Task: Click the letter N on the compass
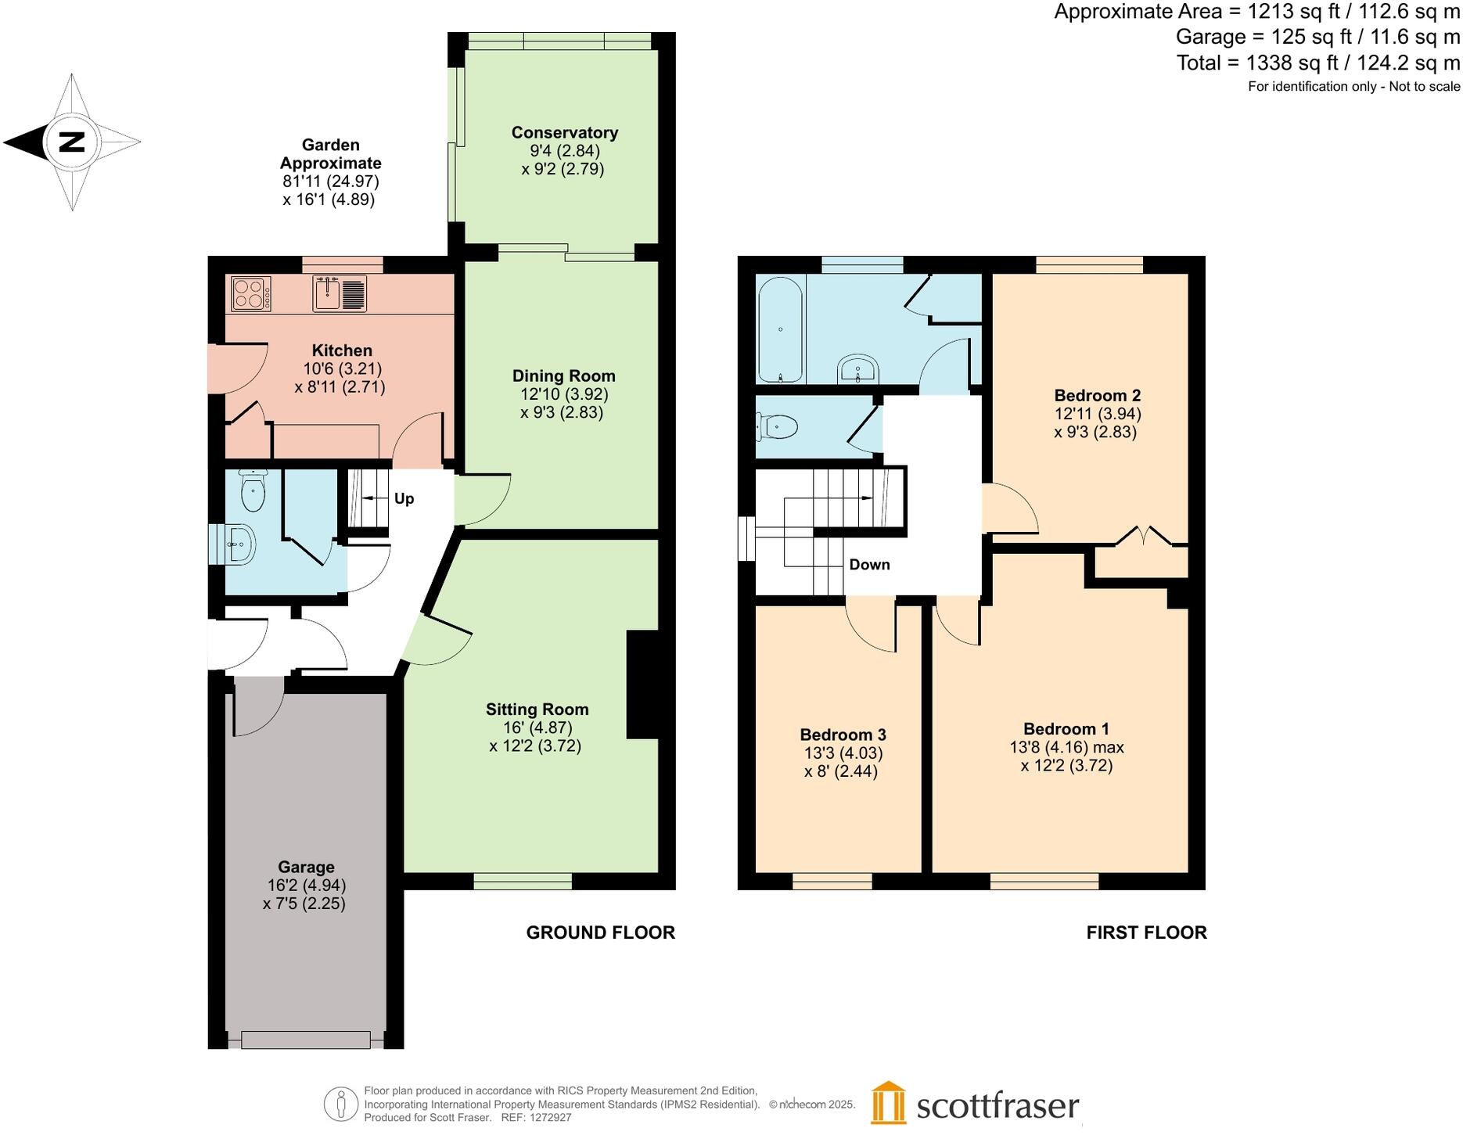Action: click(x=72, y=142)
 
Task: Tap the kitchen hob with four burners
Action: click(x=251, y=294)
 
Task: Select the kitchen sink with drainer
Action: click(x=340, y=293)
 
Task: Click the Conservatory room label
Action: click(x=564, y=132)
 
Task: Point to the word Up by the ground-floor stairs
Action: click(x=404, y=499)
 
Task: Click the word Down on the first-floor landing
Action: click(x=869, y=565)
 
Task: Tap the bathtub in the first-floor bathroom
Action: click(x=780, y=329)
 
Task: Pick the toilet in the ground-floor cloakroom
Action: click(x=253, y=491)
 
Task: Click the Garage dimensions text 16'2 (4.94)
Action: click(x=306, y=886)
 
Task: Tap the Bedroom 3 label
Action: click(x=843, y=735)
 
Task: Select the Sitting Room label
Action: click(x=537, y=710)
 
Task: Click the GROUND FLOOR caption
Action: click(x=600, y=932)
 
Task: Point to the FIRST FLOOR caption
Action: click(x=1146, y=932)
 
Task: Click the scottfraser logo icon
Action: click(x=888, y=1103)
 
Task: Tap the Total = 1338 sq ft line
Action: click(x=1317, y=63)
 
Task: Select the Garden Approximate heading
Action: click(x=330, y=154)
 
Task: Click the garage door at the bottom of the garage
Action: click(x=305, y=1040)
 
